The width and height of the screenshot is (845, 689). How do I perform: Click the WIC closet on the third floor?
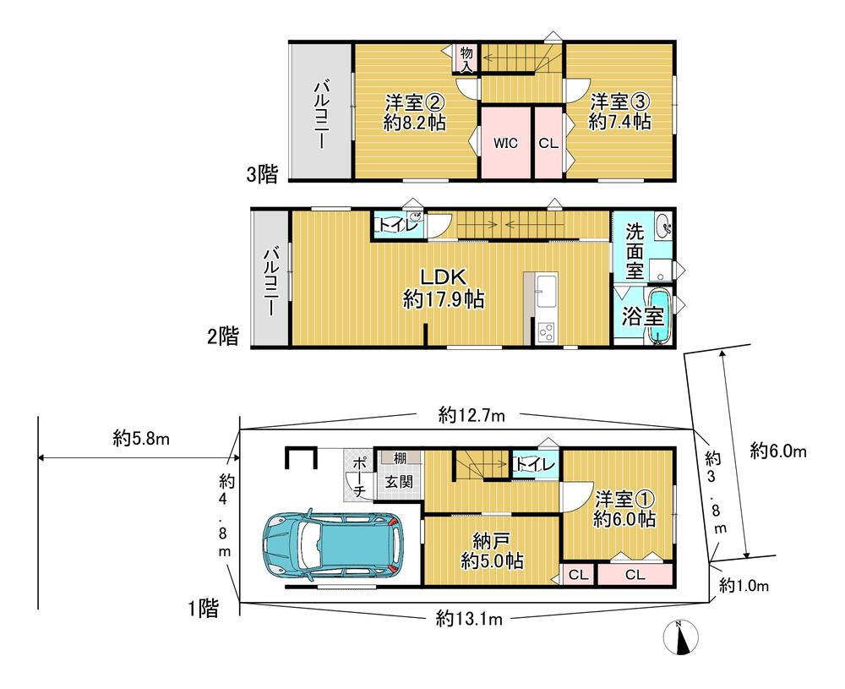click(x=505, y=143)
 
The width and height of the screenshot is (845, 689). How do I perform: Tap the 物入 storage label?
click(x=466, y=59)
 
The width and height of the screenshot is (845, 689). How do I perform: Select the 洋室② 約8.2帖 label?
click(x=414, y=112)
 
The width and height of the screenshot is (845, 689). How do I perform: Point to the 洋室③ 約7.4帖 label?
click(x=619, y=112)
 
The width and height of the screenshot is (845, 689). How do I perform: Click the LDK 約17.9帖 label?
click(x=444, y=288)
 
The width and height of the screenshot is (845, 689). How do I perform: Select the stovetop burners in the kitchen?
click(x=548, y=331)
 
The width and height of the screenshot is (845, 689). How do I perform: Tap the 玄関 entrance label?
click(x=398, y=481)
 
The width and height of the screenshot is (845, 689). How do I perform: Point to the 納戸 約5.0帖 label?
click(x=492, y=550)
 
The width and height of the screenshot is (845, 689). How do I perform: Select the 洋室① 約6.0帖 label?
click(x=624, y=509)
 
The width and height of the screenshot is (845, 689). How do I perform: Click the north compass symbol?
click(x=682, y=637)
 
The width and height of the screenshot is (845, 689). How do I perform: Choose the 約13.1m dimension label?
click(x=469, y=619)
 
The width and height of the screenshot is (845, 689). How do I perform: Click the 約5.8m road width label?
click(x=141, y=439)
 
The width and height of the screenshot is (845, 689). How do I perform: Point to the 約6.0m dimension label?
click(x=778, y=451)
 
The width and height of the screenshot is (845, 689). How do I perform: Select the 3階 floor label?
click(x=262, y=174)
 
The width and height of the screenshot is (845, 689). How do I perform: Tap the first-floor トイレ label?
click(x=534, y=464)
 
